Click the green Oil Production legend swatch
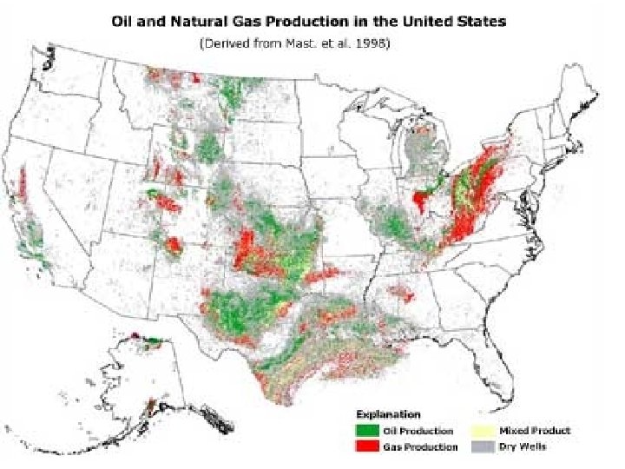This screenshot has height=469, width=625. click(367, 431)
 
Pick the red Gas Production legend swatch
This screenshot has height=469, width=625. click(367, 446)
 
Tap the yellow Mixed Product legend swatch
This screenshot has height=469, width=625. click(481, 431)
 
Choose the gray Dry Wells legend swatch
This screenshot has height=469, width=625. click(481, 446)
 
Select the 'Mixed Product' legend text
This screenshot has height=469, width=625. click(535, 431)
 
